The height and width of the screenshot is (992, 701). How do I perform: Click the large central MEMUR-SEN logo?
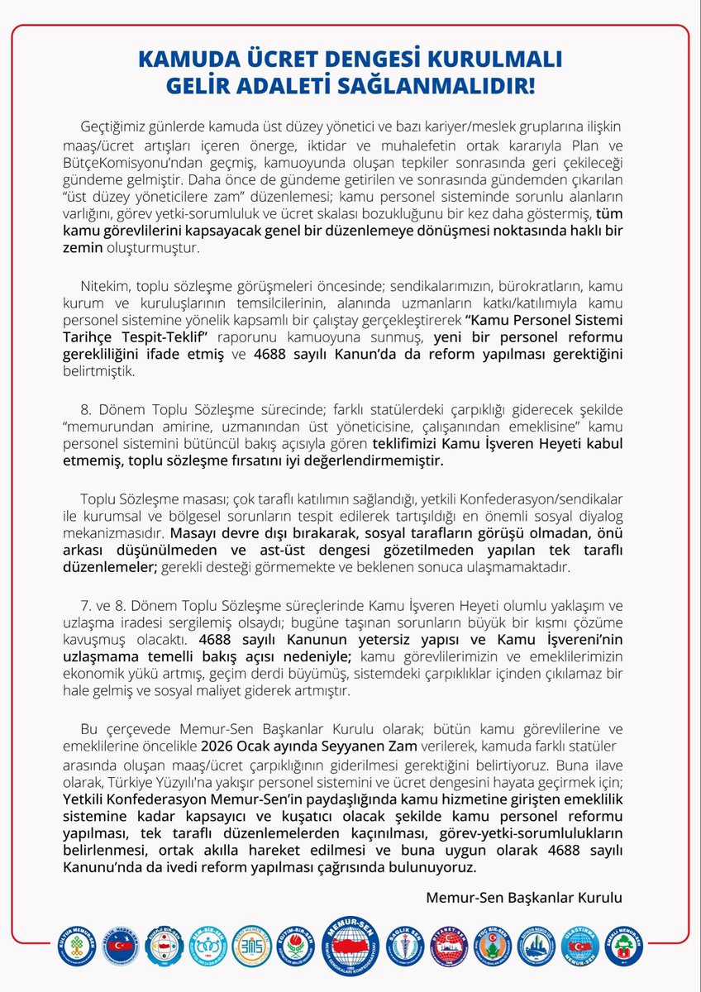point(350,944)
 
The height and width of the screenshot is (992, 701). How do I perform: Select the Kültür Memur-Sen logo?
point(78,945)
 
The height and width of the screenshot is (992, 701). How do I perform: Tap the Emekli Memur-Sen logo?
point(624,944)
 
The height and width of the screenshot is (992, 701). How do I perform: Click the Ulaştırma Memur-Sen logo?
point(581,944)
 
